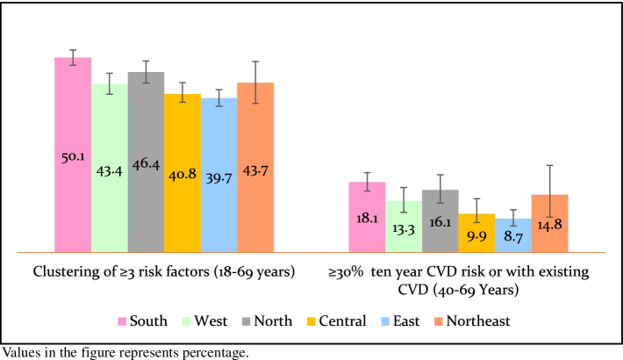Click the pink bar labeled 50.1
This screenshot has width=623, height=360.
73,155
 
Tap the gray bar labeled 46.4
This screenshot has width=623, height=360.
146,162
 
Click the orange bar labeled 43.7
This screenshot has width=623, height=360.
255,168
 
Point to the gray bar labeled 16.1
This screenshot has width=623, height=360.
440,221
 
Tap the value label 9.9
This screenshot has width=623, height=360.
476,236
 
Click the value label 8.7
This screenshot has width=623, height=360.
513,238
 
